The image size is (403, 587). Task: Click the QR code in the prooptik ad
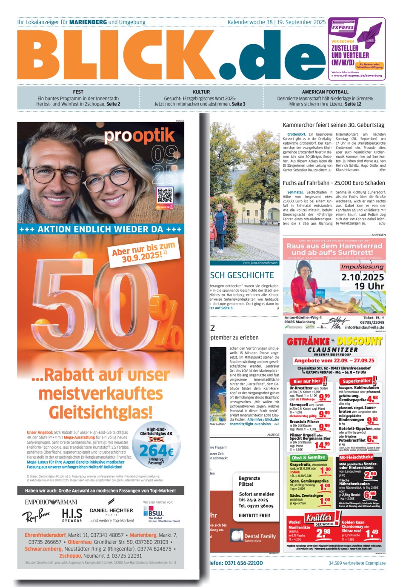point(165,196)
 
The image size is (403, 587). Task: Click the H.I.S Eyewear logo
point(72,515)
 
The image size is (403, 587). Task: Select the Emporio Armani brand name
point(51,502)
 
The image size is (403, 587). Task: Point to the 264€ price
point(156,450)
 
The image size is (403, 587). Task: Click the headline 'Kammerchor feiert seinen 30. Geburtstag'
point(334,125)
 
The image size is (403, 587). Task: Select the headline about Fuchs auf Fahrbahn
point(334,183)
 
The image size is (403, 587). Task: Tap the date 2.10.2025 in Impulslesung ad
point(363,277)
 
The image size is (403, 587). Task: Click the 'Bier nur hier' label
point(307,381)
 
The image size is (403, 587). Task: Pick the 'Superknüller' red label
point(357,381)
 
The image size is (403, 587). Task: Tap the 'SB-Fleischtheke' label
point(356,457)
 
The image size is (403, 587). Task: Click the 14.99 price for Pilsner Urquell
point(322,445)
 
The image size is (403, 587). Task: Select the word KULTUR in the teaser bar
point(201,92)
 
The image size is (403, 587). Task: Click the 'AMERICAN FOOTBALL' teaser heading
point(325,92)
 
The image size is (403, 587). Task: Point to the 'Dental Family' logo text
point(260,536)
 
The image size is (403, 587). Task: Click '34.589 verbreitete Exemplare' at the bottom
point(357,563)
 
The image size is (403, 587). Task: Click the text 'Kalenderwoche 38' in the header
point(250,22)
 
